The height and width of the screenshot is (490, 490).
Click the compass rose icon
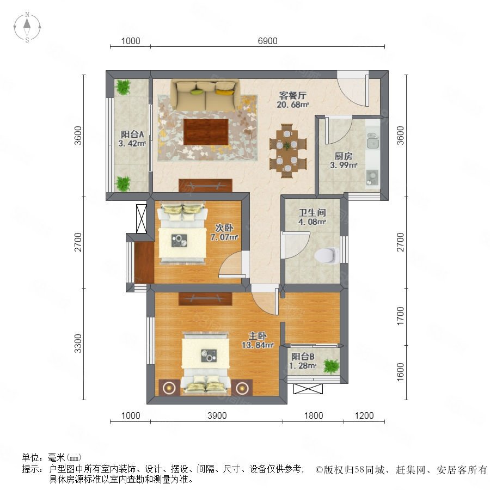click(27, 27)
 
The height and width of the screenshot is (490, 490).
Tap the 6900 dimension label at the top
click(267, 41)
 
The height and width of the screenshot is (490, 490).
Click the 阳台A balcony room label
click(132, 134)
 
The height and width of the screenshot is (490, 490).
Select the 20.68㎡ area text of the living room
click(292, 105)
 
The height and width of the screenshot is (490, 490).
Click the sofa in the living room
click(205, 95)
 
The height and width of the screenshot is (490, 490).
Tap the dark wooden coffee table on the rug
click(206, 132)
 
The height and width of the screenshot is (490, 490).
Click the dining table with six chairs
click(288, 151)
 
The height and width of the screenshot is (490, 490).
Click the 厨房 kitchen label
click(344, 156)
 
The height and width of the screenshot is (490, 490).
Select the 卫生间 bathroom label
click(312, 213)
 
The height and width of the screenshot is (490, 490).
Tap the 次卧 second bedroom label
click(224, 228)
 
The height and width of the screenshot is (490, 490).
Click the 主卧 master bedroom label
click(258, 336)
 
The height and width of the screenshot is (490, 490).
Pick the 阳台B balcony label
click(303, 357)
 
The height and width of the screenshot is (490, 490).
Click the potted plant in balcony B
click(331, 366)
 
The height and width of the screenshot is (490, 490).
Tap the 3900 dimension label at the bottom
click(217, 415)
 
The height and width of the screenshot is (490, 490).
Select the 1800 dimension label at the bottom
click(314, 415)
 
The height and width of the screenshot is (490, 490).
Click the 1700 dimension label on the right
click(400, 316)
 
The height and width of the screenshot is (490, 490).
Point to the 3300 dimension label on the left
click(78, 344)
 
